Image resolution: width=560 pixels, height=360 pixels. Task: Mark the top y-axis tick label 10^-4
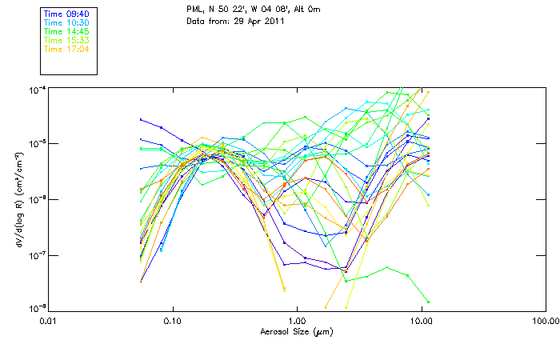[x=37, y=88]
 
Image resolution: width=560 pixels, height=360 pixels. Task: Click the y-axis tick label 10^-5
[x=37, y=143]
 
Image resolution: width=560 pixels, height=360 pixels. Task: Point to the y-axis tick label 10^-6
[x=37, y=199]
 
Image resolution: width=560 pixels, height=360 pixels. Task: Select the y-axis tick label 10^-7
[x=37, y=255]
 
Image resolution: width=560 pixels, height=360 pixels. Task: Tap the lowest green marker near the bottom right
[x=429, y=302]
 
